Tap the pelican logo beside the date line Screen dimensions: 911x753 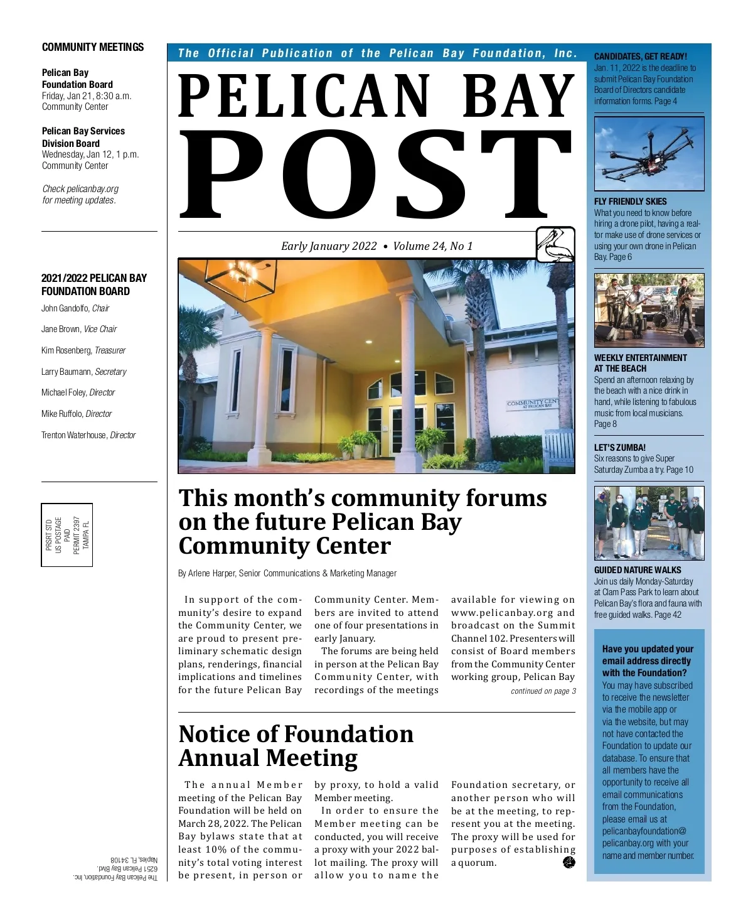point(555,245)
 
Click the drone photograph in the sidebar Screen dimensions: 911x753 point(649,154)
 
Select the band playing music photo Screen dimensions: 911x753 point(649,310)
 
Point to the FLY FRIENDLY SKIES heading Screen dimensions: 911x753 point(630,202)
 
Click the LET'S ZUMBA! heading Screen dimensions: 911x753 point(619,448)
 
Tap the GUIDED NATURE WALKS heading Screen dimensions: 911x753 point(637,570)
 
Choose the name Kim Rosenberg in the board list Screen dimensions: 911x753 point(67,350)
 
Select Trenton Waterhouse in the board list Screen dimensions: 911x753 point(73,435)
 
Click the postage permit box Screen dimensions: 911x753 point(67,535)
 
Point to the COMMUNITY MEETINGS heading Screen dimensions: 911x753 point(93,47)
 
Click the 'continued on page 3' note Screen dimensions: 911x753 point(543,691)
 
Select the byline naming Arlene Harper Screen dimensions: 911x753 point(287,573)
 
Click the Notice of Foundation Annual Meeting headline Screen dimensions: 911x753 point(296,746)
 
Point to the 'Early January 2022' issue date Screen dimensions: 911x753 point(329,246)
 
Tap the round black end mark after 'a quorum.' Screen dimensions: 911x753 point(569,862)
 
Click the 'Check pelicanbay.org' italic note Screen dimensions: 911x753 point(80,195)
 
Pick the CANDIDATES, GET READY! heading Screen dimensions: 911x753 point(640,57)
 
